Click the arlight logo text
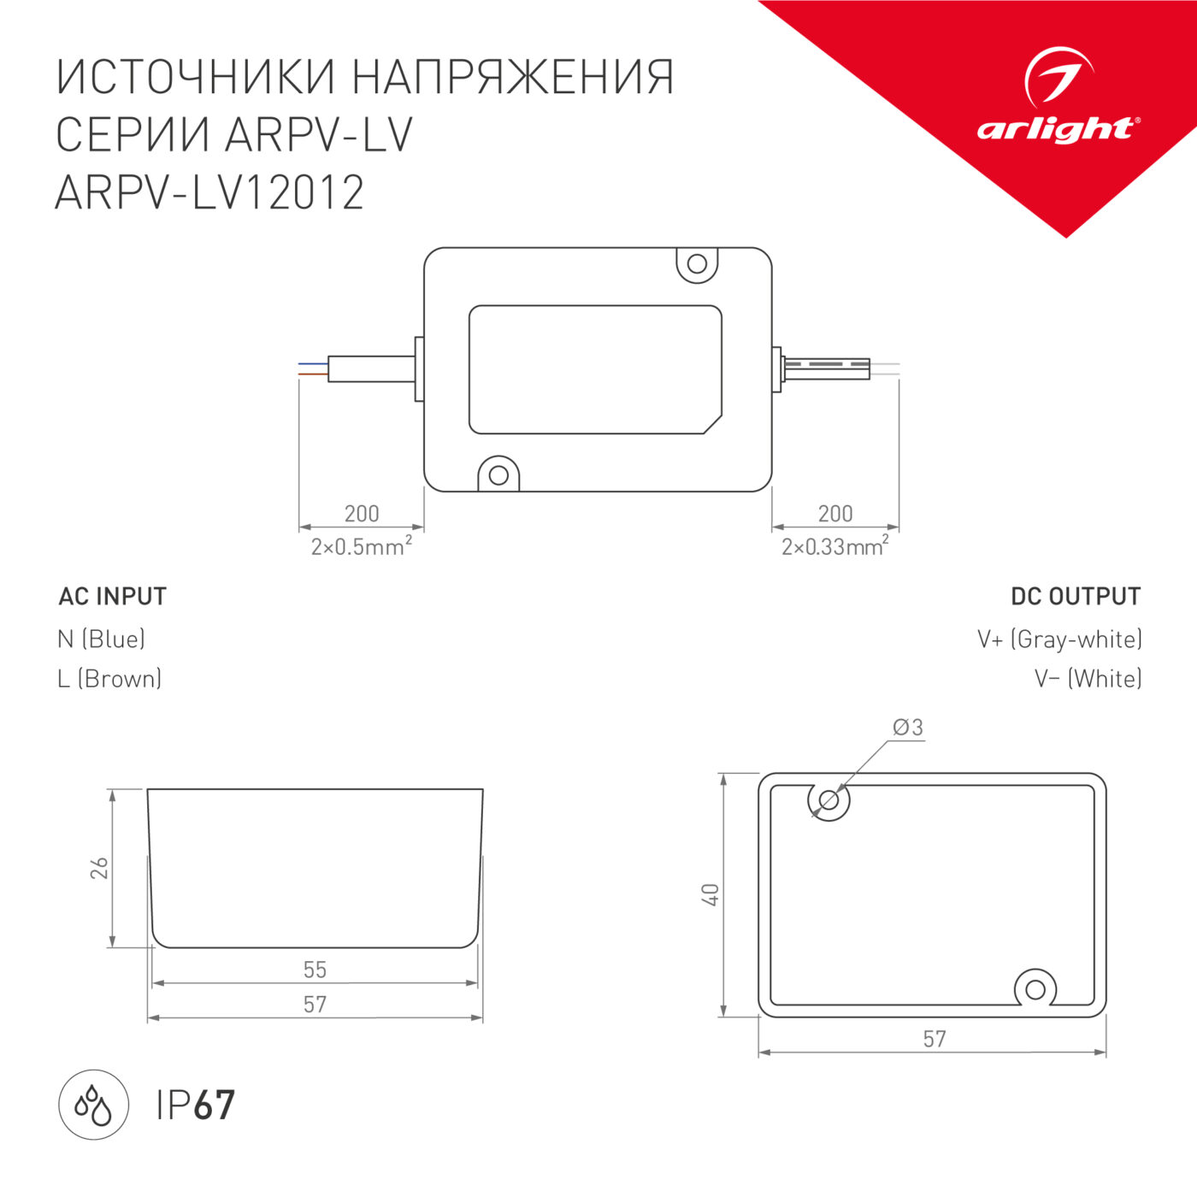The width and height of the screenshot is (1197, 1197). tap(1057, 129)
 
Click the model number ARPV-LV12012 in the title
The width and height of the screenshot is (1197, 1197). tap(209, 192)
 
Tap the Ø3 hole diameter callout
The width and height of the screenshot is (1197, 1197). tap(907, 728)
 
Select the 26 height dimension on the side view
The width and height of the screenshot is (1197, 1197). tap(100, 868)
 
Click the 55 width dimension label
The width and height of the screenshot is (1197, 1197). tap(315, 970)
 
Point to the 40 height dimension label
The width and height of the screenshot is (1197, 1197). tap(711, 895)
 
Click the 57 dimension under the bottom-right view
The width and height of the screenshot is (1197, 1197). tap(934, 1039)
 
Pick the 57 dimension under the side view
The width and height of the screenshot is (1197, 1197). tap(315, 1004)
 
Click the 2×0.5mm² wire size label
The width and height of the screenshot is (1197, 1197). tap(361, 546)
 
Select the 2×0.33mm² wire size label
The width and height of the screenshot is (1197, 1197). tap(834, 546)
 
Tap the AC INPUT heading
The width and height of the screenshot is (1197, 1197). tap(112, 597)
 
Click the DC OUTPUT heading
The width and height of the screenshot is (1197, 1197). tap(1075, 597)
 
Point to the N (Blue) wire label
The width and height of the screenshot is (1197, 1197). tap(101, 639)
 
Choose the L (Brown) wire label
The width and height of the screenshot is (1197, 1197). tap(109, 679)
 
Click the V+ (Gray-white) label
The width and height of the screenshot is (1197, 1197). tap(1059, 639)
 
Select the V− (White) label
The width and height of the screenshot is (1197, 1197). tap(1088, 679)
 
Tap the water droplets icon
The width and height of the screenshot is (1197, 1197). tap(93, 1105)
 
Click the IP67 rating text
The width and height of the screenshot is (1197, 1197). tap(195, 1105)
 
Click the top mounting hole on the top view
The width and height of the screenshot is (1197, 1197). tap(697, 263)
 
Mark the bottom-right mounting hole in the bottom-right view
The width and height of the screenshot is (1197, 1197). tap(1035, 990)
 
